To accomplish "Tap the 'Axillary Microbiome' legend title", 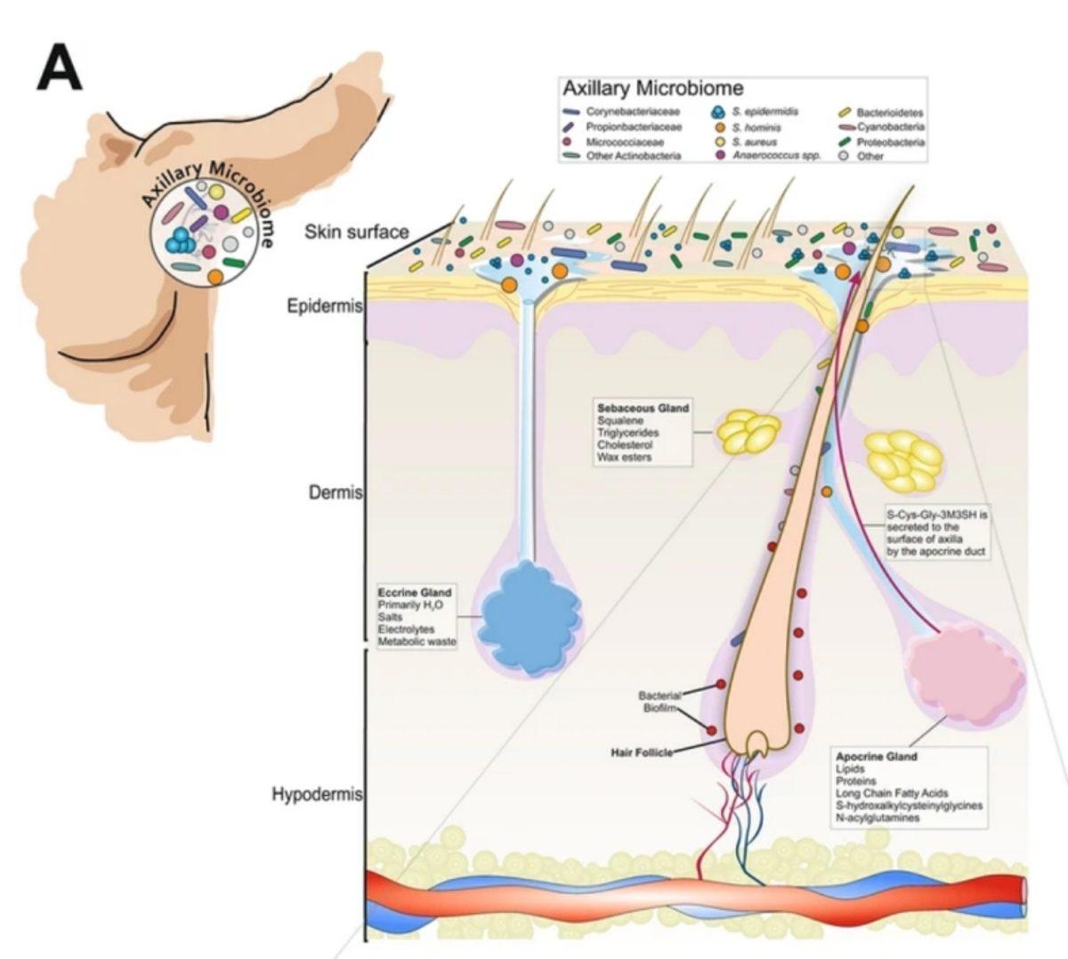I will (x=652, y=88).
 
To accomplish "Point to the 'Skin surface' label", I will (x=356, y=232).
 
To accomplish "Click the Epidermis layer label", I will (x=325, y=307).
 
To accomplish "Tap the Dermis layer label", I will (x=336, y=492).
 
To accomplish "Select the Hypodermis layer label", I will (x=317, y=794).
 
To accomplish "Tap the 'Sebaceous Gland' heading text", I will (x=643, y=408).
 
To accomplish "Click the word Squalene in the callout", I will (x=620, y=420).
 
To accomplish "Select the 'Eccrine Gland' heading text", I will (x=415, y=592).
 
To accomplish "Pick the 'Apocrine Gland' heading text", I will (x=877, y=756).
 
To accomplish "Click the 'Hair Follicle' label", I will (x=640, y=752).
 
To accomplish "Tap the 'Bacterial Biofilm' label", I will (x=659, y=702).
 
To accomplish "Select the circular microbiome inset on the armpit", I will (x=210, y=228).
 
